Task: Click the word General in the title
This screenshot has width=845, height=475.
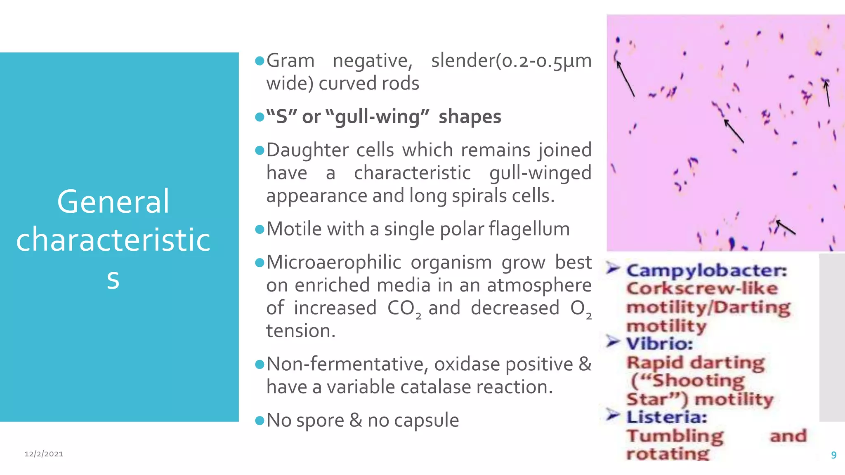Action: (x=113, y=202)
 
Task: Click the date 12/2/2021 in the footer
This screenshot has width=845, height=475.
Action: (x=44, y=454)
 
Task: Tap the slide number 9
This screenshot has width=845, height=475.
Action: (x=833, y=455)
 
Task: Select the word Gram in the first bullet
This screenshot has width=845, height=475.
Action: (x=290, y=61)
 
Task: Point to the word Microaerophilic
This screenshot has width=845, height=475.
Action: (x=333, y=262)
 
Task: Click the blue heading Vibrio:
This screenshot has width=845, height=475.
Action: (x=659, y=343)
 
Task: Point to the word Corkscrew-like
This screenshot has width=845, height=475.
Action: (x=702, y=289)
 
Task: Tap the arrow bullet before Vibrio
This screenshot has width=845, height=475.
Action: (x=613, y=342)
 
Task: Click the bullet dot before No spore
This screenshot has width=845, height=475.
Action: (x=260, y=421)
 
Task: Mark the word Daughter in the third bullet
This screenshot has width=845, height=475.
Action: (x=307, y=150)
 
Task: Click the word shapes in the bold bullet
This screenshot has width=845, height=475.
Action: (x=470, y=117)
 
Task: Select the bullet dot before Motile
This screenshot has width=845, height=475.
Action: (x=260, y=229)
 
